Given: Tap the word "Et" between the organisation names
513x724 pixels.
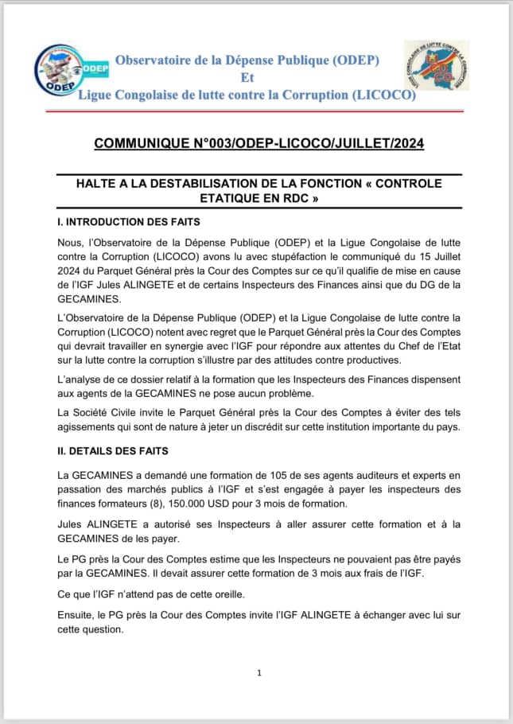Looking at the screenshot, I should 246,78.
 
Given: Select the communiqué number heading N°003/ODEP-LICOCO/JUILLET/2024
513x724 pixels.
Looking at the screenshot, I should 258,143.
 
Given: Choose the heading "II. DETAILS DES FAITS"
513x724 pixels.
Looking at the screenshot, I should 113,451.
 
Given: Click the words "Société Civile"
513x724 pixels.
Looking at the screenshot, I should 115,412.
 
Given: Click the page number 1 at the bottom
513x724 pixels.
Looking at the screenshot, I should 259,673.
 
